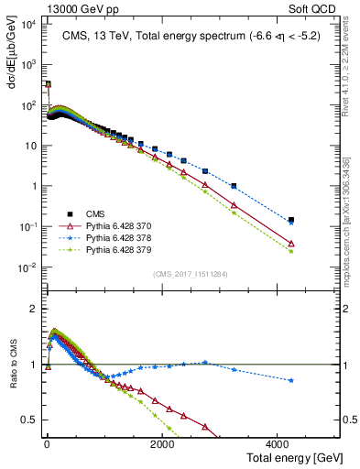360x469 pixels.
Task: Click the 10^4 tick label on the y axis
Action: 27,24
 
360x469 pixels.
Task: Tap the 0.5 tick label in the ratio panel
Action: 28,420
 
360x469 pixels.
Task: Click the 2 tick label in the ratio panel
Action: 32,309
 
